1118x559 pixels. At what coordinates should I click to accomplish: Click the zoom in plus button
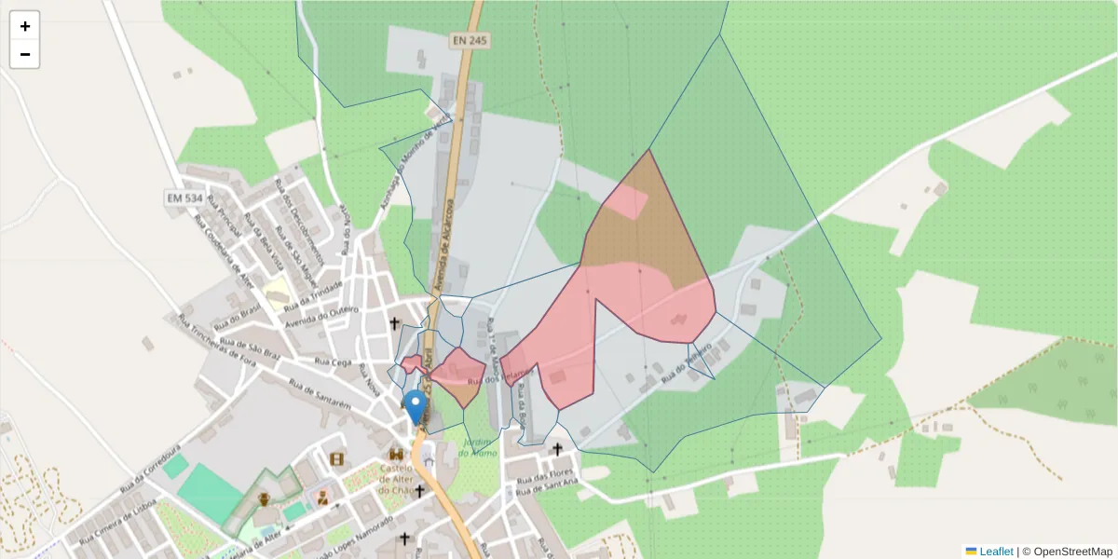pyautogui.click(x=25, y=26)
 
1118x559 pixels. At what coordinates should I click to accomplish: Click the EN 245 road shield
pyautogui.click(x=469, y=41)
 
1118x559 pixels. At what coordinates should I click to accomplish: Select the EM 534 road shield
pyautogui.click(x=185, y=198)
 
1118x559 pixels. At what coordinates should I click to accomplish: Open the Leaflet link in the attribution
pyautogui.click(x=996, y=552)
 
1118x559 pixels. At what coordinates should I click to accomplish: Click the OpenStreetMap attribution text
pyautogui.click(x=1072, y=552)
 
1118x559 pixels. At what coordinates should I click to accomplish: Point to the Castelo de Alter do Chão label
pyautogui.click(x=396, y=475)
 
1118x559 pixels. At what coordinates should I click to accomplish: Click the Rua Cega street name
pyautogui.click(x=333, y=361)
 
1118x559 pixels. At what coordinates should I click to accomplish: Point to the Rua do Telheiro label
pyautogui.click(x=687, y=361)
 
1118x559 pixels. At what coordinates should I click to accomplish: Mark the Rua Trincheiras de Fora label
pyautogui.click(x=223, y=346)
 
